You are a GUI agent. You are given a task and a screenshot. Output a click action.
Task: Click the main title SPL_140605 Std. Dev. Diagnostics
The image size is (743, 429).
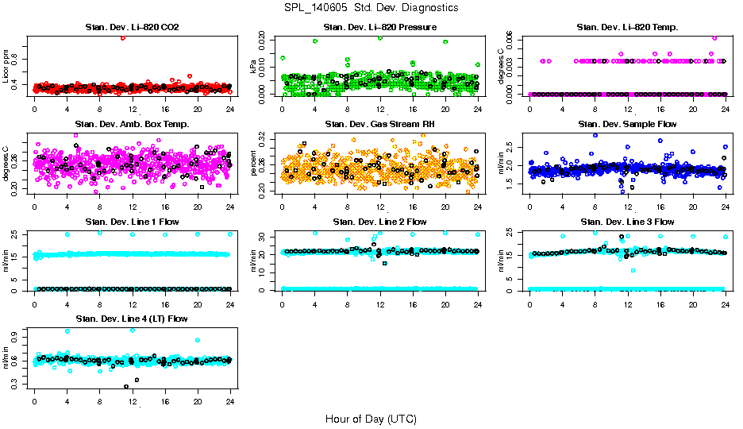[x=371, y=8]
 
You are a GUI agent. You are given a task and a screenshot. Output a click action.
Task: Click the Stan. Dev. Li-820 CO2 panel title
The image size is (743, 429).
[x=132, y=28]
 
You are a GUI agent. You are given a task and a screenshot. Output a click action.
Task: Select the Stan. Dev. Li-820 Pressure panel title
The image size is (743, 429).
[x=379, y=28]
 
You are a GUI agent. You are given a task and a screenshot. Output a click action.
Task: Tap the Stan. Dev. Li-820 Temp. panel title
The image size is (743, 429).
[x=627, y=28]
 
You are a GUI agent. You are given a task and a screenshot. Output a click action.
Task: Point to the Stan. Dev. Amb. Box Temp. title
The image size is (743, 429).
[x=132, y=125]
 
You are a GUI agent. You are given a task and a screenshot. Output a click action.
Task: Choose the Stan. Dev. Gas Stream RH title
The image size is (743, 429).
[x=379, y=125]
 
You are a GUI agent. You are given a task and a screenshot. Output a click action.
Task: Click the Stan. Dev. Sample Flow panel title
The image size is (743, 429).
[x=627, y=125]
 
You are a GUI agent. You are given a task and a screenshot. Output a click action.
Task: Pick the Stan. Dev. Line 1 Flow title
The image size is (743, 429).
[x=132, y=222]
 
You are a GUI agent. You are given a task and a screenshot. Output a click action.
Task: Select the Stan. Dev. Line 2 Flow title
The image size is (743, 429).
[x=379, y=222]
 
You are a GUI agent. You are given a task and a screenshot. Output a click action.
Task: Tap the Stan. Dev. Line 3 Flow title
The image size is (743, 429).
[x=627, y=222]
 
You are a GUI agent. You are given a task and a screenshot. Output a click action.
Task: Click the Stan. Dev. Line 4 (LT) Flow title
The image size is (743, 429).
[x=132, y=319]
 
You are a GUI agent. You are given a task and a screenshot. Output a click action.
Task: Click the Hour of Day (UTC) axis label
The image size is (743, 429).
[x=371, y=419]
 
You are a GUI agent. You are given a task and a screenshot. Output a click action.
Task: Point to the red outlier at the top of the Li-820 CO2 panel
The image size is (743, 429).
[x=123, y=38]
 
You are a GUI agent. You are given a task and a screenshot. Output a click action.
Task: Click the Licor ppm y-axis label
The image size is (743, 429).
[x=6, y=67]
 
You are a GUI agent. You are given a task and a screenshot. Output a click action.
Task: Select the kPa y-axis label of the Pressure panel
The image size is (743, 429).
[x=254, y=67]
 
